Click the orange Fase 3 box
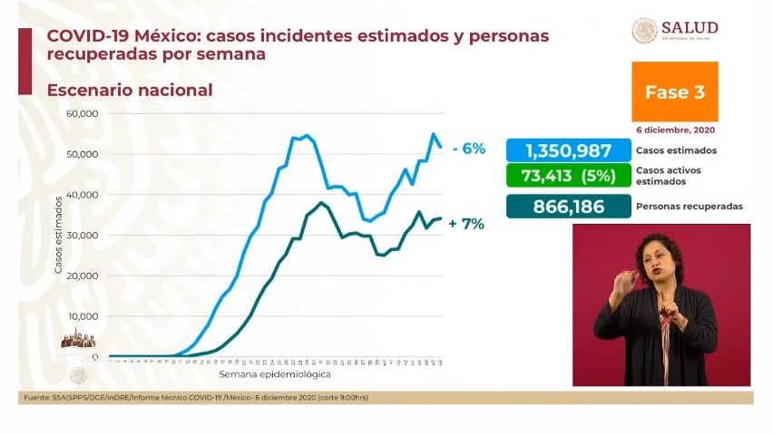click(x=674, y=92)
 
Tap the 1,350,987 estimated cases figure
click(x=567, y=150)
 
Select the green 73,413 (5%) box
click(x=567, y=175)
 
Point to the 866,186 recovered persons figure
click(x=567, y=206)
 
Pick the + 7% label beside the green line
click(x=466, y=224)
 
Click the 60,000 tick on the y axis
click(x=82, y=114)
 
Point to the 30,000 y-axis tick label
click(x=82, y=236)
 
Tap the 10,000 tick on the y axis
click(x=82, y=316)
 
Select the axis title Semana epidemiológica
click(x=274, y=373)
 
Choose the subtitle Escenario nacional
click(x=130, y=91)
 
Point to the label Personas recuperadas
click(x=690, y=207)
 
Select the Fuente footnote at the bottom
click(x=195, y=398)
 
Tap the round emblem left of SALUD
click(x=644, y=31)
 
